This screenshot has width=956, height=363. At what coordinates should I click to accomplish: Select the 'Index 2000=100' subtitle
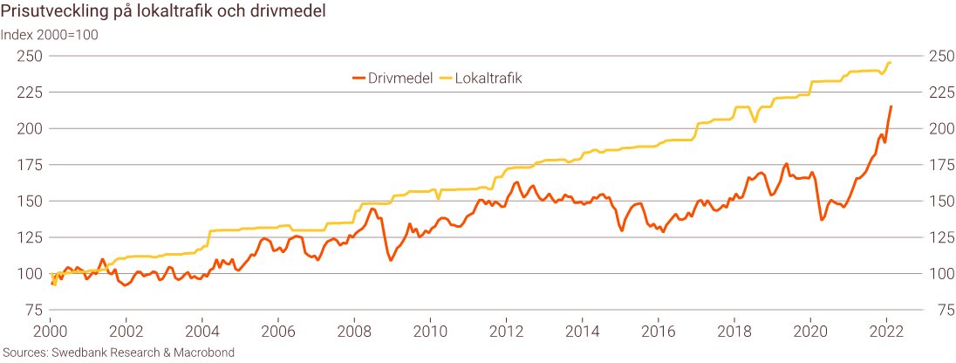(x=50, y=35)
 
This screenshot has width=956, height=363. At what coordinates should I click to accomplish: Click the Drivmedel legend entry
(x=393, y=78)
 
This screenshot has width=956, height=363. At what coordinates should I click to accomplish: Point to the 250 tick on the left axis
(x=32, y=56)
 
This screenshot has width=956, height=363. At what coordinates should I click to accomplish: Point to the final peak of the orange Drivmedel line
(x=891, y=106)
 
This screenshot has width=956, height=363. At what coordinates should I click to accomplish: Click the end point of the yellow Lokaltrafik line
(x=890, y=63)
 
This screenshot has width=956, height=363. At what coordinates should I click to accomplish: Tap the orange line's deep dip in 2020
(x=822, y=219)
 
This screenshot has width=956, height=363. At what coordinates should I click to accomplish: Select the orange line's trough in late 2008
(x=391, y=260)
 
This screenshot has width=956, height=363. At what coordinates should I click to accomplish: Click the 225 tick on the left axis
(x=32, y=92)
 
